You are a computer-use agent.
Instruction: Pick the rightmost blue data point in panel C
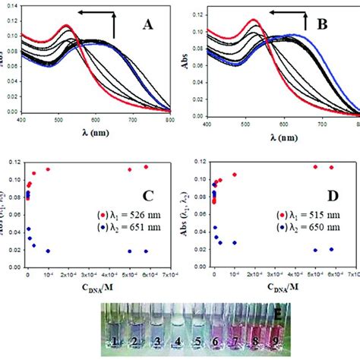146,251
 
